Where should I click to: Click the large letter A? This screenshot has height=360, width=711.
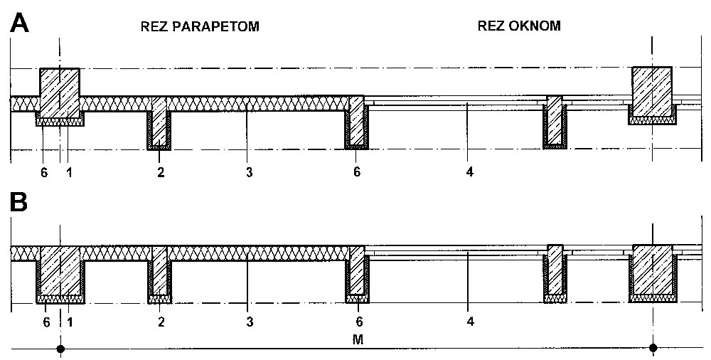pyautogui.click(x=19, y=23)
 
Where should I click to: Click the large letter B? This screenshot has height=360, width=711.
pyautogui.click(x=18, y=203)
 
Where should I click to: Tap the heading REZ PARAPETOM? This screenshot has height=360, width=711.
pyautogui.click(x=200, y=27)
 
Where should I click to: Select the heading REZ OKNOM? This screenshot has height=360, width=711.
pyautogui.click(x=519, y=26)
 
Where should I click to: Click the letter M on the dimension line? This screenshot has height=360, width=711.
pyautogui.click(x=358, y=339)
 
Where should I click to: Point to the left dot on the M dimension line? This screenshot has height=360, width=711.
pyautogui.click(x=60, y=349)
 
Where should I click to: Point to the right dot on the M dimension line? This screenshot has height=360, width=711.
pyautogui.click(x=653, y=348)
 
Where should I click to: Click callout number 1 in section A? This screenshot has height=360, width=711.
pyautogui.click(x=70, y=172)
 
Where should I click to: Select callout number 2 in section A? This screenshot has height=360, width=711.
pyautogui.click(x=161, y=172)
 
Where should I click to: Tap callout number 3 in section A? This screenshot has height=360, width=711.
pyautogui.click(x=249, y=172)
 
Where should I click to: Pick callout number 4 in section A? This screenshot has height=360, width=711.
pyautogui.click(x=470, y=172)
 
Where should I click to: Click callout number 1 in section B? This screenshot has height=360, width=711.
pyautogui.click(x=70, y=322)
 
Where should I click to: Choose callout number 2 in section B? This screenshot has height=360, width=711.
pyautogui.click(x=161, y=322)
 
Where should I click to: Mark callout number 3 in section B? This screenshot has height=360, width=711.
pyautogui.click(x=250, y=322)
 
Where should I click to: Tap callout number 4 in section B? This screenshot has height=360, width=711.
pyautogui.click(x=470, y=322)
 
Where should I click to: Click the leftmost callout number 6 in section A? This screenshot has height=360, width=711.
pyautogui.click(x=44, y=172)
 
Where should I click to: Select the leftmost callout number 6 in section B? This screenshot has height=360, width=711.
pyautogui.click(x=46, y=322)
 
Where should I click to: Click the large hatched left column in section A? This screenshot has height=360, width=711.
pyautogui.click(x=60, y=92)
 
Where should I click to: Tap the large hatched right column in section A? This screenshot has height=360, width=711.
pyautogui.click(x=652, y=92)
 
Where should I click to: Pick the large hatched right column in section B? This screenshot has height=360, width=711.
pyautogui.click(x=653, y=270)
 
